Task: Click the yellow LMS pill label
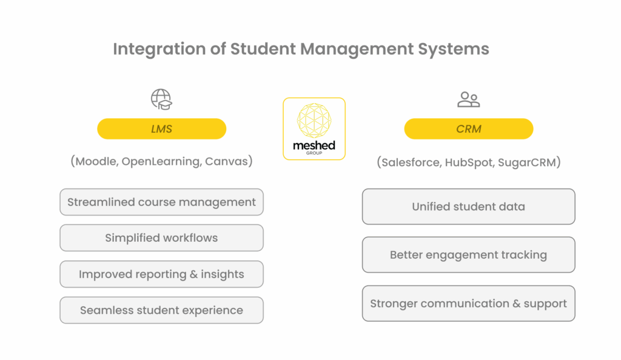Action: coord(161,128)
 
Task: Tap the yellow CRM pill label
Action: coord(469,128)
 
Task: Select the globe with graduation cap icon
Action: coord(161,99)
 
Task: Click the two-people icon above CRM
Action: coord(469,99)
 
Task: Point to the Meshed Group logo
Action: coord(314,128)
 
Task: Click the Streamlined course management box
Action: coord(161,202)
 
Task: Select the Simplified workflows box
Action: coord(161,238)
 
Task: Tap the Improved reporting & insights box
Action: coord(161,274)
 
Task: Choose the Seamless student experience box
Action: coord(161,310)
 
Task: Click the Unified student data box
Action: coord(469,207)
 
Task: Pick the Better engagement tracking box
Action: coord(469,255)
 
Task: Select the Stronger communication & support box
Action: coord(469,304)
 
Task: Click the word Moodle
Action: coord(96,161)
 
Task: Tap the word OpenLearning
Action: coord(161,162)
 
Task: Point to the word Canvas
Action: coord(226,161)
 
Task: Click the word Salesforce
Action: coord(411,162)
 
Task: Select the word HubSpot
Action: coord(469,162)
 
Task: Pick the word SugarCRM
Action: coord(527,162)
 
